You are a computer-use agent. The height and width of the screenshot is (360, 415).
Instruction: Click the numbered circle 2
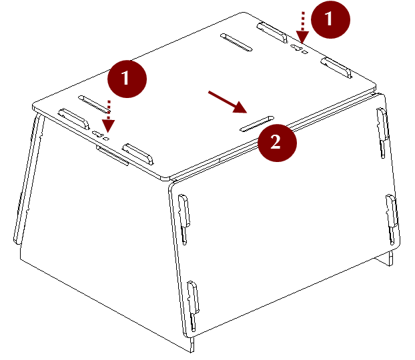(x=277, y=143)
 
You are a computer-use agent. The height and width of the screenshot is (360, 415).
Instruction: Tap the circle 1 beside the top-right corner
(x=330, y=19)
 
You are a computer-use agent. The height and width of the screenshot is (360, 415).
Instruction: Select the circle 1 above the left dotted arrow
(x=127, y=79)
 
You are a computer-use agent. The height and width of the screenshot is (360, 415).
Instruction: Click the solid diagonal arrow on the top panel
(x=228, y=102)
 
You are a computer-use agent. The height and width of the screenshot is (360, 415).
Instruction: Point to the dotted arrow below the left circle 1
(x=108, y=117)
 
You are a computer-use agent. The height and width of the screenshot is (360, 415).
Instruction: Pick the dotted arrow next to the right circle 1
(x=302, y=27)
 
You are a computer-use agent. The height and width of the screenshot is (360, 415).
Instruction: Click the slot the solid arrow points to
(x=257, y=123)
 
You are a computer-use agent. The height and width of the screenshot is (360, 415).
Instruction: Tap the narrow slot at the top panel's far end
(x=236, y=42)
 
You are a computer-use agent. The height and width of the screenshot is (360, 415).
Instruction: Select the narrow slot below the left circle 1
(x=94, y=104)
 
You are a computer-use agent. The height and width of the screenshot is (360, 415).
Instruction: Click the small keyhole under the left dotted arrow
(x=101, y=135)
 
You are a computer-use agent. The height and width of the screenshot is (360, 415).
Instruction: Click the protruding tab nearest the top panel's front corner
(x=138, y=154)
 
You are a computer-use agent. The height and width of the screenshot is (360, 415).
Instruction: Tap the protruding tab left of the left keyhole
(x=74, y=119)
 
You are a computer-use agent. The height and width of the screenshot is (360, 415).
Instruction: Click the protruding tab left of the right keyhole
(x=272, y=32)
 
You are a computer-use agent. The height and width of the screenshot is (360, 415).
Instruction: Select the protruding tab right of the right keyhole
(x=336, y=68)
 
